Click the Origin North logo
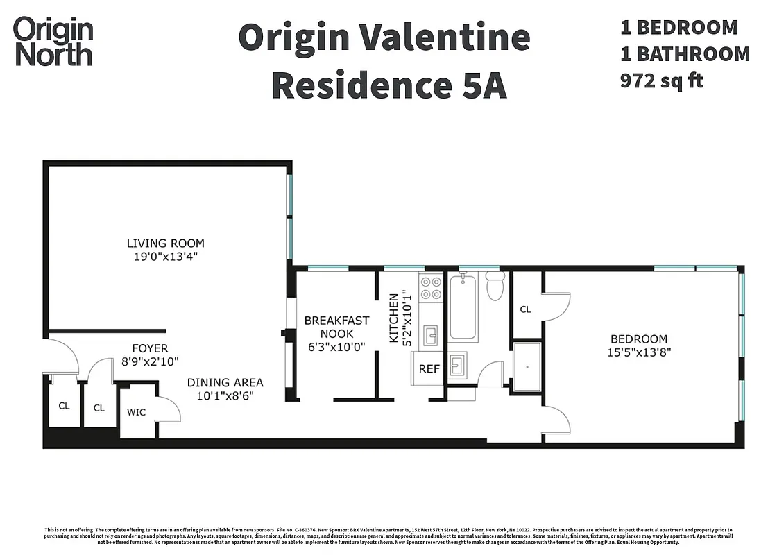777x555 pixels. [53, 42]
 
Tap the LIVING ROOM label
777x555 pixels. [165, 243]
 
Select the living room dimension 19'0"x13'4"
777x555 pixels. [165, 257]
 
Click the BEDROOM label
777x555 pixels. [638, 339]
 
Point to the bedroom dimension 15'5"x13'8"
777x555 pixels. [638, 352]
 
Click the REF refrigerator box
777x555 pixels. [429, 368]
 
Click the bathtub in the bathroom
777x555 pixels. [463, 306]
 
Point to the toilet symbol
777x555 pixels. [495, 286]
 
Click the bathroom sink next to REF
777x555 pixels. [456, 364]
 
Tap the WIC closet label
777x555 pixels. [136, 412]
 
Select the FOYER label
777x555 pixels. [150, 348]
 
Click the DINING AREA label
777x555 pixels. [225, 382]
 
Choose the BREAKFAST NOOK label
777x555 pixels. [336, 327]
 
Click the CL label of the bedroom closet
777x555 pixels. [525, 309]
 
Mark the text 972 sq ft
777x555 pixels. [661, 80]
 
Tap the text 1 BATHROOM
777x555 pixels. [685, 54]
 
